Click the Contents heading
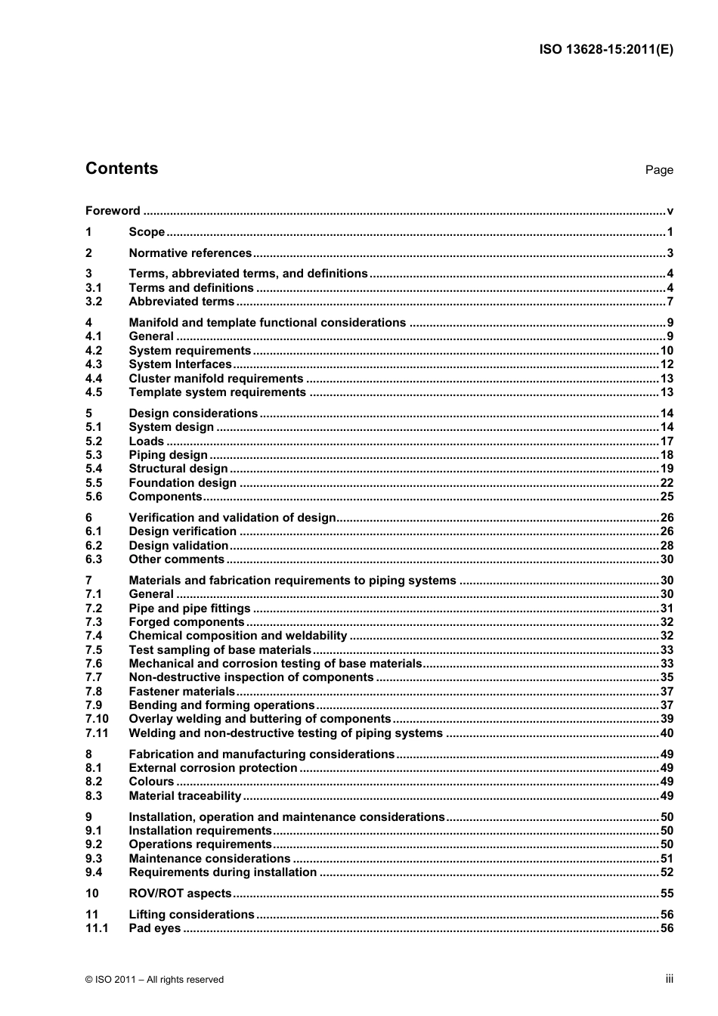tap(122, 169)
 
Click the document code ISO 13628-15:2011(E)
tap(605, 50)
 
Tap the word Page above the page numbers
tap(658, 170)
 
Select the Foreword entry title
tap(113, 211)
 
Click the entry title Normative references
tap(190, 253)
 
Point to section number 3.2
tap(94, 302)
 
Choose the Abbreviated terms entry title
tap(181, 302)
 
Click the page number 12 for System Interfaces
tap(666, 364)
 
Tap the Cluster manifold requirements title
tap(215, 379)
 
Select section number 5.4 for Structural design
tap(94, 469)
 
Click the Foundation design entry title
tap(182, 483)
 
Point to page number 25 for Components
tap(666, 497)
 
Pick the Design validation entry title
tap(178, 546)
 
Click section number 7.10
tap(97, 719)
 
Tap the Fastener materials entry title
tap(181, 692)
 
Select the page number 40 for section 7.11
tap(666, 733)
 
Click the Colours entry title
tap(151, 782)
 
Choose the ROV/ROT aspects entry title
tap(180, 894)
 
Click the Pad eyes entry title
tap(154, 928)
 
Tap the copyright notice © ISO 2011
tap(155, 980)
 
